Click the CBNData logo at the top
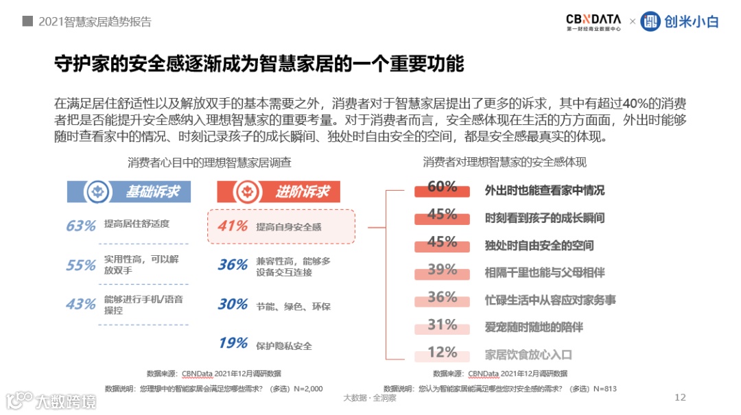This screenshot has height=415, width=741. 593,22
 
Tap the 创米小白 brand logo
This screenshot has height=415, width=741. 679,22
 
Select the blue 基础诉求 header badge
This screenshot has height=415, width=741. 129,192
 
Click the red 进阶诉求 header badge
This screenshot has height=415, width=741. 279,192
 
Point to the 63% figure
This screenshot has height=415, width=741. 80,226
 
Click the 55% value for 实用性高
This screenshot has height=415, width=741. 80,265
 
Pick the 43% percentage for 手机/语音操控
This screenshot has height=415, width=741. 80,304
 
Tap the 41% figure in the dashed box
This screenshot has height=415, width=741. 233,226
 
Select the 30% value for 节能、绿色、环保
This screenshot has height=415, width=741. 233,304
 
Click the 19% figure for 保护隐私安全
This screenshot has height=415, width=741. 233,343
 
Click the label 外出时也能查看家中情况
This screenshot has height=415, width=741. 545,191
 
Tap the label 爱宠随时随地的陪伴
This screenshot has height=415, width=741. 534,327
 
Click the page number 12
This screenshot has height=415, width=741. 681,397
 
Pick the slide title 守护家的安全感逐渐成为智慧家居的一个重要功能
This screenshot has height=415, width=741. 259,64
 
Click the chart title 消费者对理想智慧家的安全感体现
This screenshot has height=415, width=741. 504,163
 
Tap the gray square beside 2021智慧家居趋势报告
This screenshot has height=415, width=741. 27,21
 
